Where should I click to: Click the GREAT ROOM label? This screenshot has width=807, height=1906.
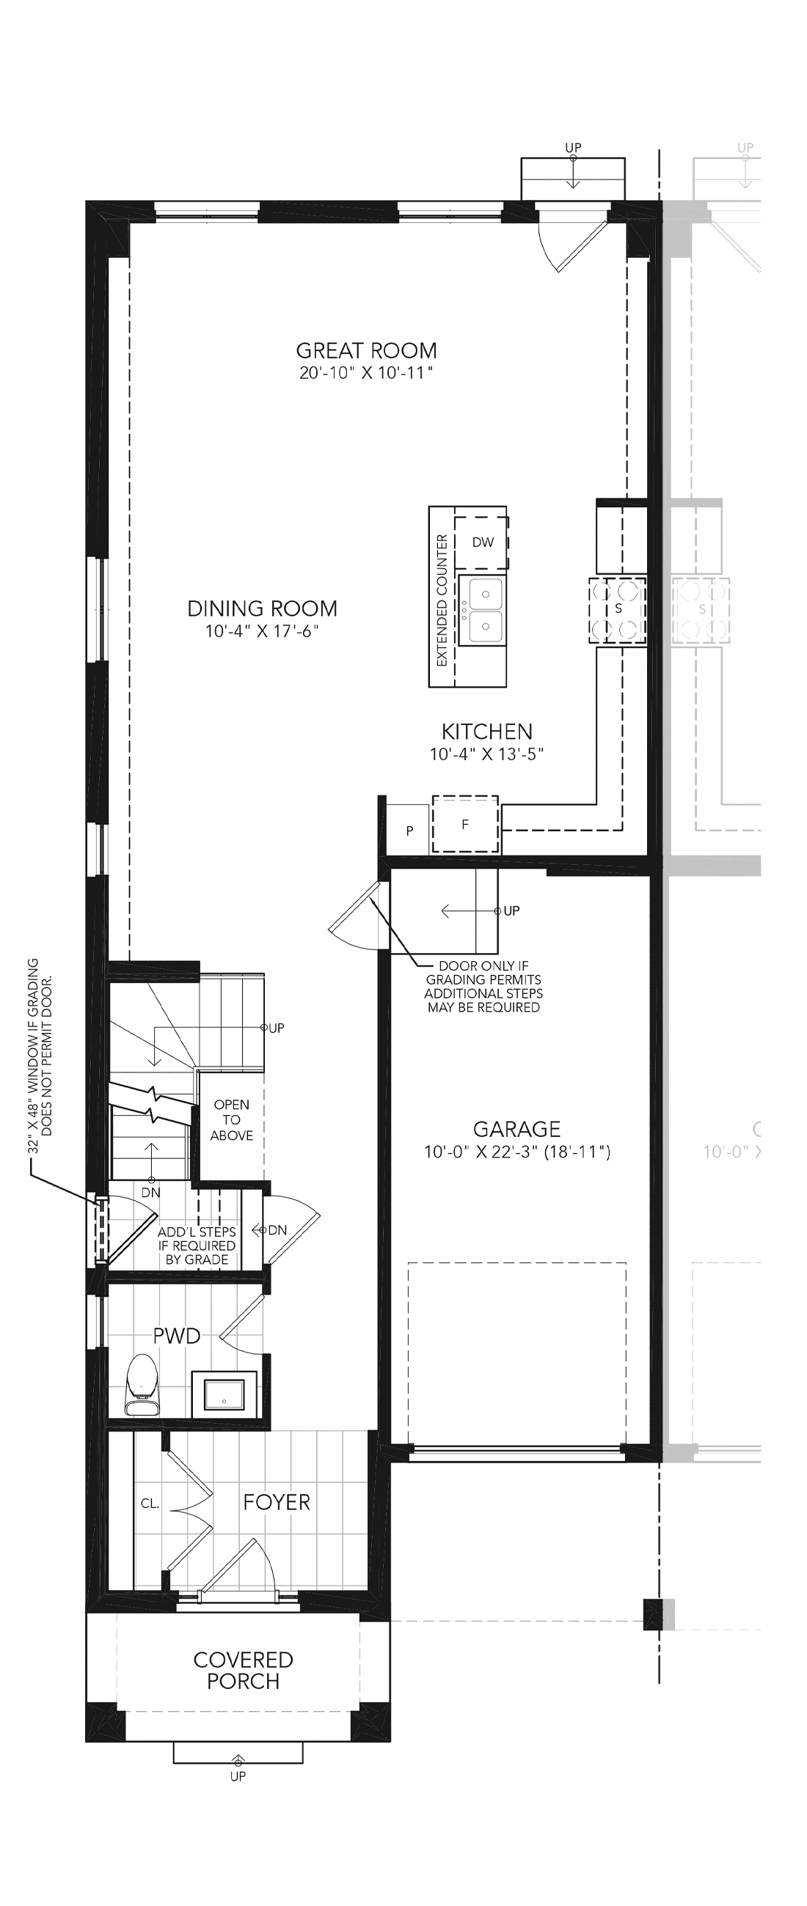point(367,350)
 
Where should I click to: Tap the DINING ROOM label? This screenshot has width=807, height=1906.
point(262,608)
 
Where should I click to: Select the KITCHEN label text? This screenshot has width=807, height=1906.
point(487,731)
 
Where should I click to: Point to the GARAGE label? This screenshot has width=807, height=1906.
point(516,1128)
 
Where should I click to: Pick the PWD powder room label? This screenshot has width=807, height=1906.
point(177,1336)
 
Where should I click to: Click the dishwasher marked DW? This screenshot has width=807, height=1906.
point(481,542)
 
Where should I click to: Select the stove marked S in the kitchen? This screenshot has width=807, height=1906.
point(618,610)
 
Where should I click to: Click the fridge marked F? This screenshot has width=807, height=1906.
point(465,824)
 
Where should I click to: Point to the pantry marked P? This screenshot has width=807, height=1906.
point(409,830)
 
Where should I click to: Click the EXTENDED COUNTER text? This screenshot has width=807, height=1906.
point(442,600)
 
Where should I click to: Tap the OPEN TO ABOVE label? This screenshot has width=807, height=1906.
point(232,1119)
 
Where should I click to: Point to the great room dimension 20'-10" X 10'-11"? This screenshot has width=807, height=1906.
point(366,373)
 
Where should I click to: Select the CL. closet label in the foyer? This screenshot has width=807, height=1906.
point(150,1504)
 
